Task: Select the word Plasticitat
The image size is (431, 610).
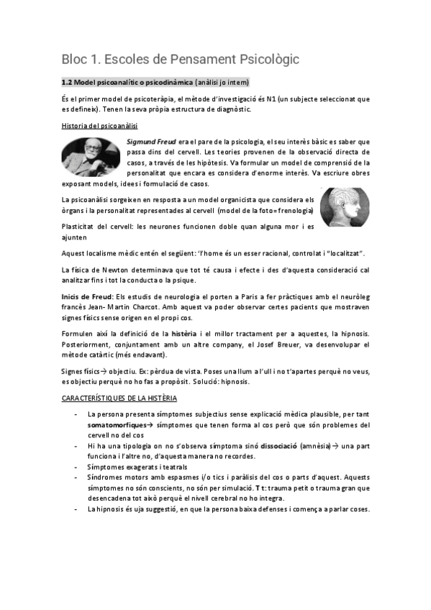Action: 82,228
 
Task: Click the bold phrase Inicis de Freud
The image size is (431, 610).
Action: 89,296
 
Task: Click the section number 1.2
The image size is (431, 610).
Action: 67,81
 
